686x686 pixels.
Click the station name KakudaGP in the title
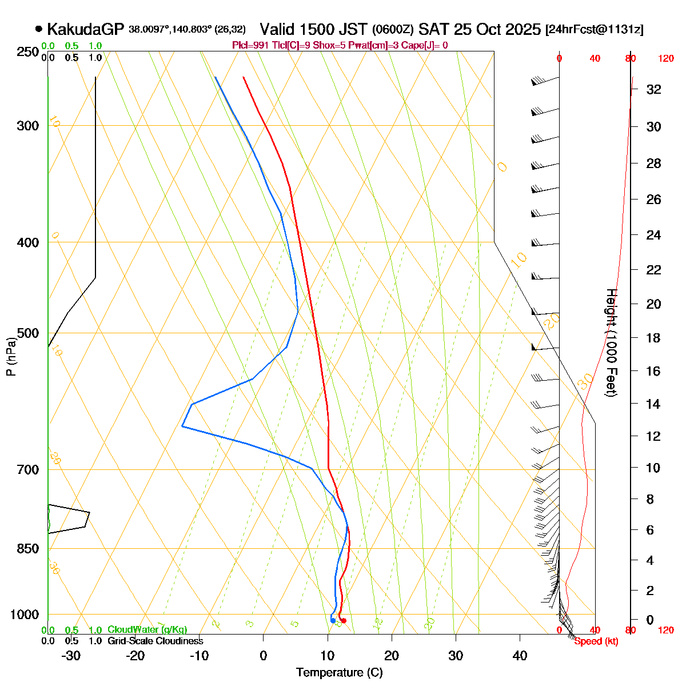coord(86,29)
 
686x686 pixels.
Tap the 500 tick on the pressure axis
coord(27,333)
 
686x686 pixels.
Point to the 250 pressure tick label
coord(27,52)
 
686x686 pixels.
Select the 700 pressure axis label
coord(27,469)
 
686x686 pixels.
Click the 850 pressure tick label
coord(27,548)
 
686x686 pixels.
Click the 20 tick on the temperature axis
coord(392,656)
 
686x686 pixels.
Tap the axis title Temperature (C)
coord(339,673)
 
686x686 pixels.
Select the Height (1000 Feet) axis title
coord(611,343)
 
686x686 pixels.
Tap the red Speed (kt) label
coord(596,641)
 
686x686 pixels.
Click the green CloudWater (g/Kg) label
coord(147,630)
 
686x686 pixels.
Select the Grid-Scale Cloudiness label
coord(155,641)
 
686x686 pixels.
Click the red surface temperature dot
coord(344,621)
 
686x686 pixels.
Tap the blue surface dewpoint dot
coord(333,620)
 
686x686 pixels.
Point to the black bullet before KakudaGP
coord(39,29)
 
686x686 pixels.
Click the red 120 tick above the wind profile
coord(666,58)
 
